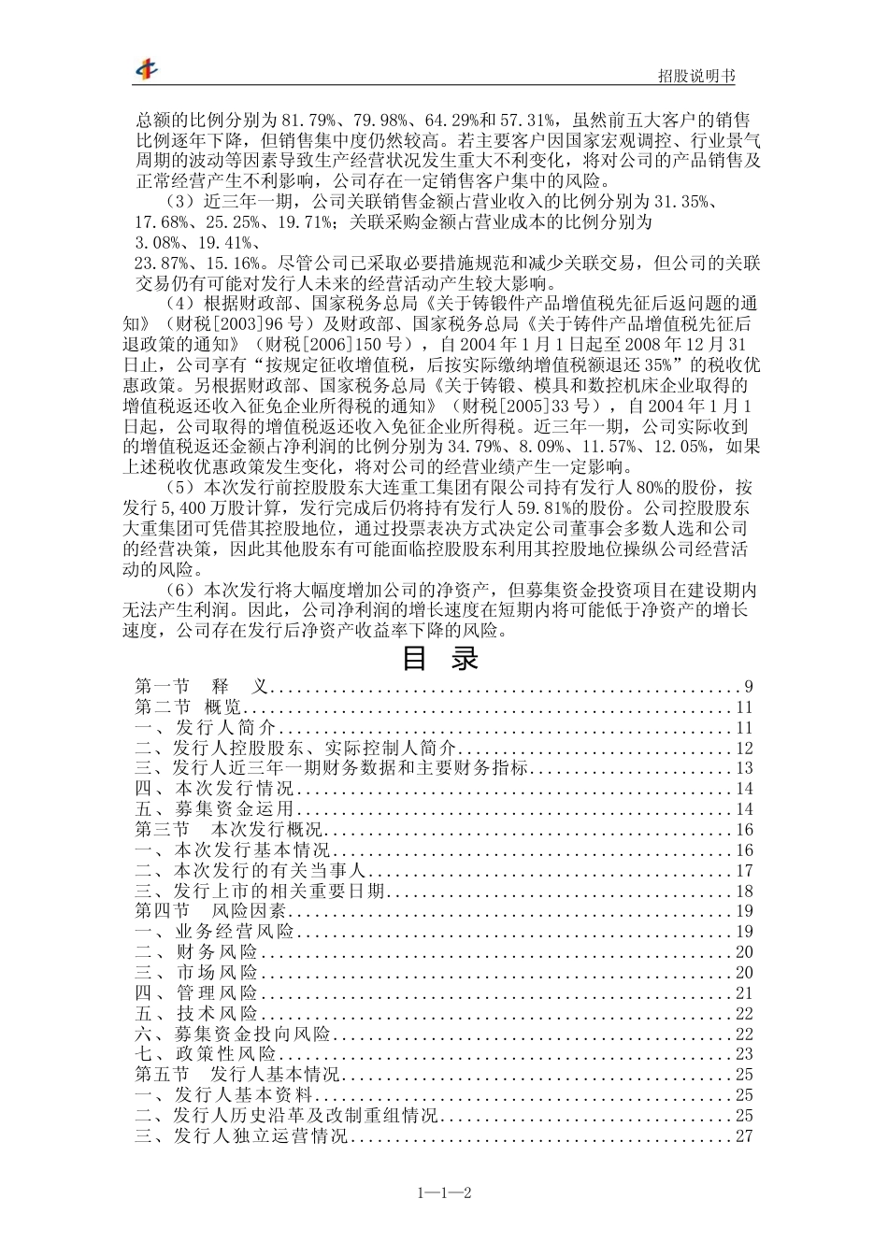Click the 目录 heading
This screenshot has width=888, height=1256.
coord(440,659)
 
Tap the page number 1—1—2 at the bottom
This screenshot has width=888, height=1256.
coord(443,1192)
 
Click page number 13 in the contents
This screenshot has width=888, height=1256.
coord(744,769)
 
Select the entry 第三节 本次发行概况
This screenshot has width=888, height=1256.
coord(229,830)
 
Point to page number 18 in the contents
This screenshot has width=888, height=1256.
coord(744,892)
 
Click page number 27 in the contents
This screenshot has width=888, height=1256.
coord(744,1136)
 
